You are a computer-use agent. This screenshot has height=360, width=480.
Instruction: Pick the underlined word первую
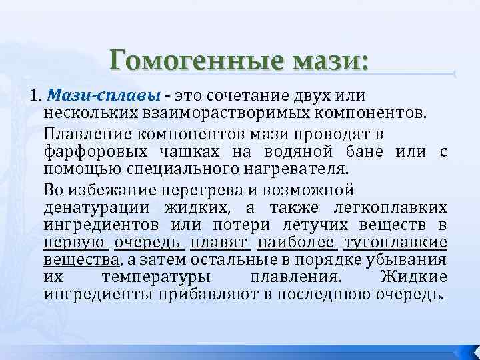point(73,241)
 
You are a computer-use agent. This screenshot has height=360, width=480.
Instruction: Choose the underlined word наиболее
point(297,241)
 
